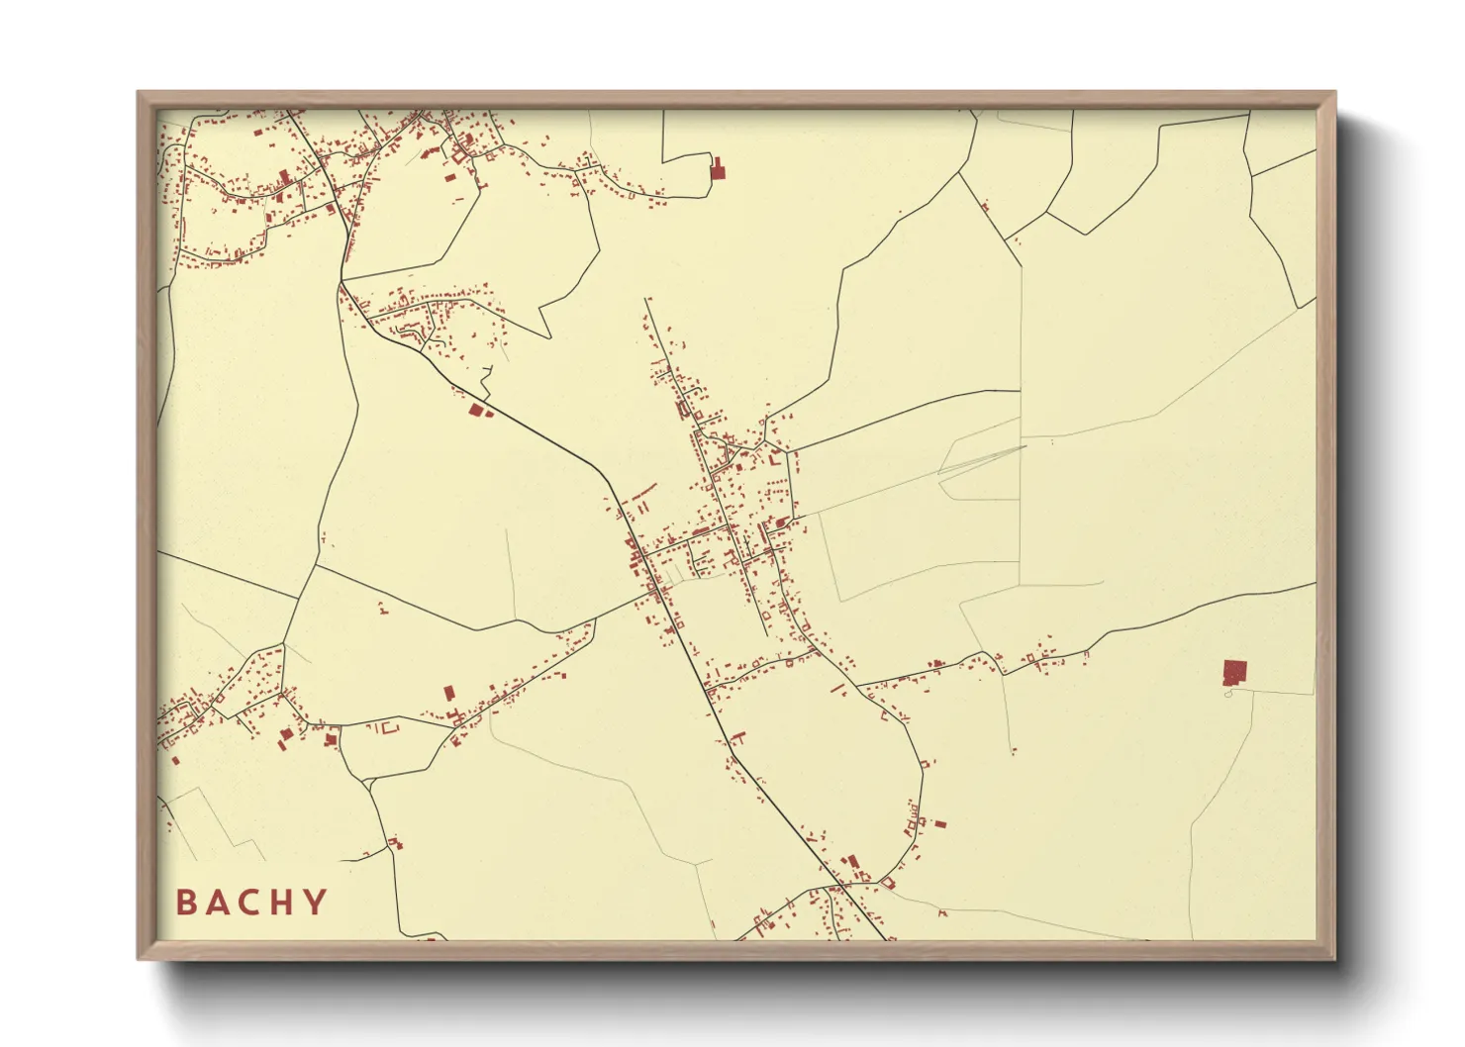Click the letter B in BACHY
pos(185,903)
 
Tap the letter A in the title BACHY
pos(218,903)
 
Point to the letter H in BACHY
pos(283,903)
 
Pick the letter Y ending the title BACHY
pos(316,903)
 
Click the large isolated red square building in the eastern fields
pos(1234,673)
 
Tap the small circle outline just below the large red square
pos(1228,693)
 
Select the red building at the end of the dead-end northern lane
pos(718,169)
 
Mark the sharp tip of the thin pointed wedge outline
pos(1026,446)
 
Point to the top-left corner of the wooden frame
pos(138,93)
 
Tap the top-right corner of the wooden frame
pos(1335,93)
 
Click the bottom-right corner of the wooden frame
pos(1335,959)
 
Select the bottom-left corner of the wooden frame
pos(138,959)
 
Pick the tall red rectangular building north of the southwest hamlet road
pos(447,693)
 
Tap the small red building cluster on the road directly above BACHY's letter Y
pos(396,842)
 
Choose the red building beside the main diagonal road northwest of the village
pos(477,410)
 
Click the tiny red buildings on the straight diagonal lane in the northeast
pos(984,207)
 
